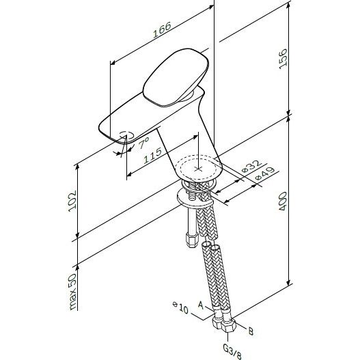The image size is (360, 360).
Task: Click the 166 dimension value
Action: pos(162,29)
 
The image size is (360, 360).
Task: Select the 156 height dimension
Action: pos(283,59)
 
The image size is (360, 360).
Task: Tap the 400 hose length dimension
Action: pos(283,202)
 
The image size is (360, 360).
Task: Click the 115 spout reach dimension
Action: pos(152,156)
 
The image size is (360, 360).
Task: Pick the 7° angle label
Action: pos(144,143)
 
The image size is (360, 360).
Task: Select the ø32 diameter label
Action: pos(251,166)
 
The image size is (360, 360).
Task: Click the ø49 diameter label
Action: pos(265,174)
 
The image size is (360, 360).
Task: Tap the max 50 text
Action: pos(73,292)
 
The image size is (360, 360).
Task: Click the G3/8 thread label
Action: pos(232,351)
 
